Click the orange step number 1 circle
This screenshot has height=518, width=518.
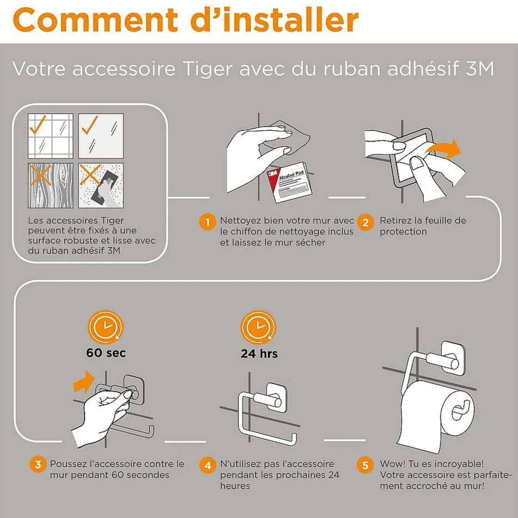[208, 222]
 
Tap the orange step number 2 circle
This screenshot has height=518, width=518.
[365, 222]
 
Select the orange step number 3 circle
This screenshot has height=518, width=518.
[38, 464]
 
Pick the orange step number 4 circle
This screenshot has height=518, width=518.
[208, 465]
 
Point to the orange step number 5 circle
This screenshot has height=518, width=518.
[365, 465]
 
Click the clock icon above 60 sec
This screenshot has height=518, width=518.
[105, 327]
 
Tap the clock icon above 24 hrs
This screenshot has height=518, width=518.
[259, 327]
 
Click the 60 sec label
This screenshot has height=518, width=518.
[106, 353]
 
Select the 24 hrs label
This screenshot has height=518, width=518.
[259, 353]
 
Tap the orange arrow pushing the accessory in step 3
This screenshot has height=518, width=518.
[84, 382]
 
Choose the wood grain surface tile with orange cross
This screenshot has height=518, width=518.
[50, 185]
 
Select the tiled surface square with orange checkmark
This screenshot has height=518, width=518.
[50, 136]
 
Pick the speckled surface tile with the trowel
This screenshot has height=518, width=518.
[101, 185]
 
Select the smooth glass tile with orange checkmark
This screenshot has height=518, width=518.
[101, 136]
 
